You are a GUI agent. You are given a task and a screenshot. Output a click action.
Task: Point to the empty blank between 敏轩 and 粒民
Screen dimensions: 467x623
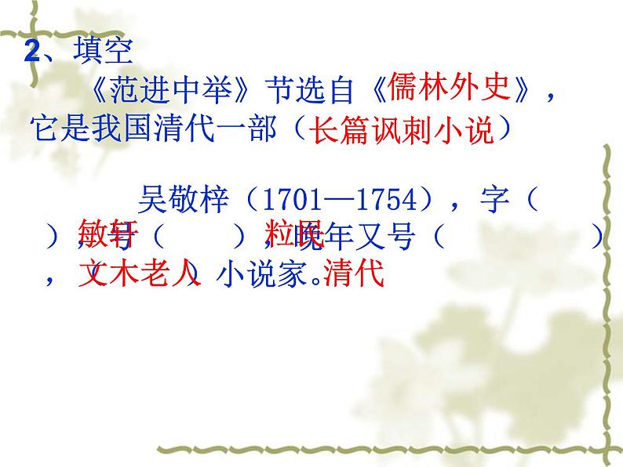coord(200,235)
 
